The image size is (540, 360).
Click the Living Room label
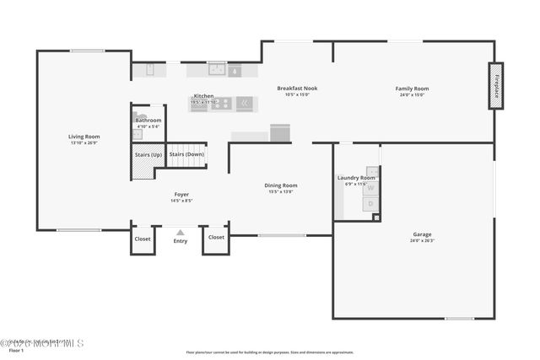click(84, 137)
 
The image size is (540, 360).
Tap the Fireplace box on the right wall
click(496, 86)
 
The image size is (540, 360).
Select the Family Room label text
click(413, 89)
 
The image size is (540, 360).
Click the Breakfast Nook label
click(297, 89)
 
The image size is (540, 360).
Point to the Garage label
click(421, 235)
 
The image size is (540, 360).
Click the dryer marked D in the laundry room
click(370, 204)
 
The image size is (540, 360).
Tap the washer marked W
click(370, 189)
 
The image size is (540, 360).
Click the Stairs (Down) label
click(186, 154)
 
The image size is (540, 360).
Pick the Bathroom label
click(148, 121)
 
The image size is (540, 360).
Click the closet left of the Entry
click(143, 238)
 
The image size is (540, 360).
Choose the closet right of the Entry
click(216, 238)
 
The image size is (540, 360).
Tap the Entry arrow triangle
click(180, 230)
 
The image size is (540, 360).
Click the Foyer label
click(181, 195)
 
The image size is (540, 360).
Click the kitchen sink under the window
click(216, 71)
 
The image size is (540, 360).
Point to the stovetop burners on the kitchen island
click(219, 104)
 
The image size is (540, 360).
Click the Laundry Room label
click(356, 178)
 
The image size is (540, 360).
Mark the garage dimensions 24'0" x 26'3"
click(421, 241)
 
